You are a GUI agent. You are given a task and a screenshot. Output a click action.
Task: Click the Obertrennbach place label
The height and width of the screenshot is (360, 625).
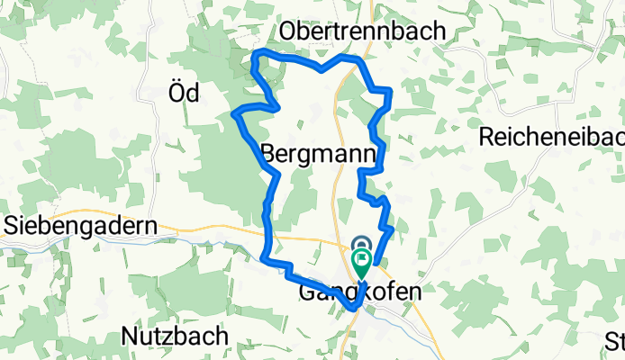point(363,31)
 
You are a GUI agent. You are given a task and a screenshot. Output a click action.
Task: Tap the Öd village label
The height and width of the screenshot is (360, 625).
point(184,92)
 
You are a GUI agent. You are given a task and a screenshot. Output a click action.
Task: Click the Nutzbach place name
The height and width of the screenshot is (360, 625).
point(176,337)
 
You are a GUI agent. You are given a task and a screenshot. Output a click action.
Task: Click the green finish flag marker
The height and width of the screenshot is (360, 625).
point(362,263)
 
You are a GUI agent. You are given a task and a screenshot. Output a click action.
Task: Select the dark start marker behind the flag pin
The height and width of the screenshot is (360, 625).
point(362,245)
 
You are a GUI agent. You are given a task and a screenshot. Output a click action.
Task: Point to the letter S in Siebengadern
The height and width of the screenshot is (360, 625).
point(12,225)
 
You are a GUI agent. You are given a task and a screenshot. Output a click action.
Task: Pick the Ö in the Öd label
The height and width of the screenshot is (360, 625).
point(177,92)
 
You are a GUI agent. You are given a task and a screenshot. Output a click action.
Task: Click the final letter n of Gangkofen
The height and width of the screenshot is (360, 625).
point(413,293)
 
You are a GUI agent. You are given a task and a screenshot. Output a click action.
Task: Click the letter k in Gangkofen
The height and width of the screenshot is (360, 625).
point(369,293)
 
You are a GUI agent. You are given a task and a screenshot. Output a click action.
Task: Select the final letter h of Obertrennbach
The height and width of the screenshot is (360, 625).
point(439,31)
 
